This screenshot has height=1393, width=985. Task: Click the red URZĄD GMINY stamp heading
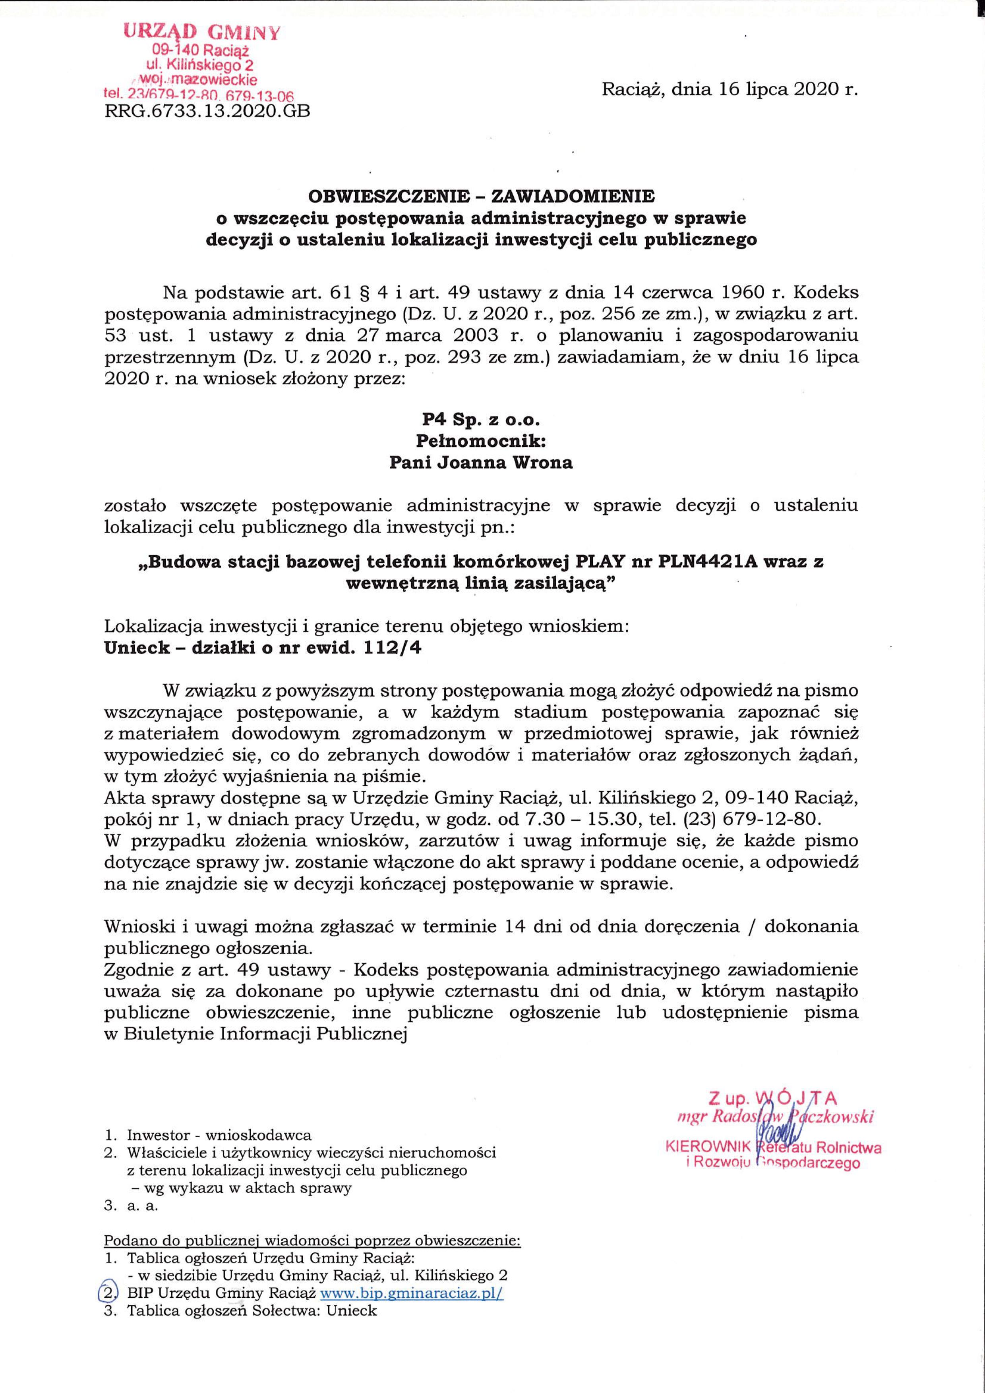point(202,31)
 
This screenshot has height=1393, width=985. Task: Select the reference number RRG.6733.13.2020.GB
point(207,112)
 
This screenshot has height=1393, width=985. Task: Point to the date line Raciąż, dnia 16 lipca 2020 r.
point(730,90)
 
